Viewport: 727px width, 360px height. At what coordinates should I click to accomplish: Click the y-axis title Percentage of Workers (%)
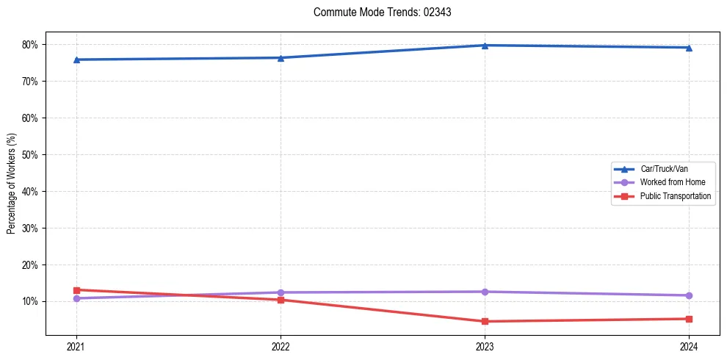[x=12, y=184]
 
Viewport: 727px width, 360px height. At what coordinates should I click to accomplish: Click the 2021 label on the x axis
[x=76, y=346]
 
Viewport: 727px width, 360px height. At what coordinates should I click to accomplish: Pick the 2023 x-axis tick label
[x=485, y=346]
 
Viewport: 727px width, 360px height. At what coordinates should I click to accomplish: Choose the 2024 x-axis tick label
[x=689, y=346]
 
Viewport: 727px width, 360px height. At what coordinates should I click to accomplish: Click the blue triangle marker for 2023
[x=485, y=46]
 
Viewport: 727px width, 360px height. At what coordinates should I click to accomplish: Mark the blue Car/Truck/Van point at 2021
[x=76, y=60]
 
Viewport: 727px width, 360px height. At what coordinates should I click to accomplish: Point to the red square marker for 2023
[x=485, y=321]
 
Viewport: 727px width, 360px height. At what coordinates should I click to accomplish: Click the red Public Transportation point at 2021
[x=76, y=290]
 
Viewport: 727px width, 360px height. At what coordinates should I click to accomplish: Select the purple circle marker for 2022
[x=281, y=292]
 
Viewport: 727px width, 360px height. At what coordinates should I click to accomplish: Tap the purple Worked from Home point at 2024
[x=689, y=295]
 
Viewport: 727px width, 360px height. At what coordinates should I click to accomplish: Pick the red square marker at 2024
[x=689, y=319]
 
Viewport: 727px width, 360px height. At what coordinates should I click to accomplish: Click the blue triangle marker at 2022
[x=281, y=58]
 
